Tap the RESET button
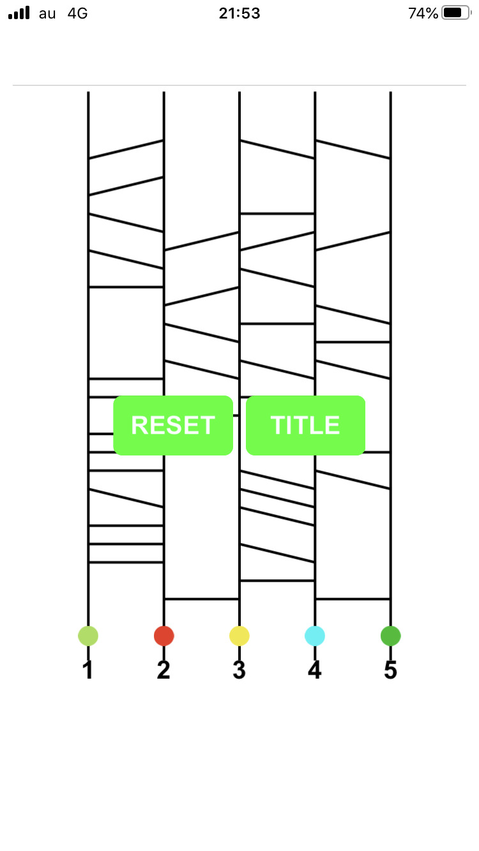[x=173, y=426]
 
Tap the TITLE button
[x=305, y=426]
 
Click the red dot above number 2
[x=164, y=636]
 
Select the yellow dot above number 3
[x=240, y=636]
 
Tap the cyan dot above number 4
[x=315, y=636]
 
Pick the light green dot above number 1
[x=88, y=636]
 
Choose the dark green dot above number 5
[x=390, y=636]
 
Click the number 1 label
[x=88, y=670]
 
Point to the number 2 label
[x=164, y=670]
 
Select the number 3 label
[x=240, y=670]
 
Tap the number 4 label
[x=315, y=670]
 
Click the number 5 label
[x=390, y=670]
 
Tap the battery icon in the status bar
[x=455, y=13]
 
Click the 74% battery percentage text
[x=423, y=13]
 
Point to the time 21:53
[x=240, y=13]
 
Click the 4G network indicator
[x=77, y=13]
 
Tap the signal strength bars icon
[x=19, y=13]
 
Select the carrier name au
[x=47, y=13]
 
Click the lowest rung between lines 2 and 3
[x=202, y=599]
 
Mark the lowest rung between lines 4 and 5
[x=353, y=599]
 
